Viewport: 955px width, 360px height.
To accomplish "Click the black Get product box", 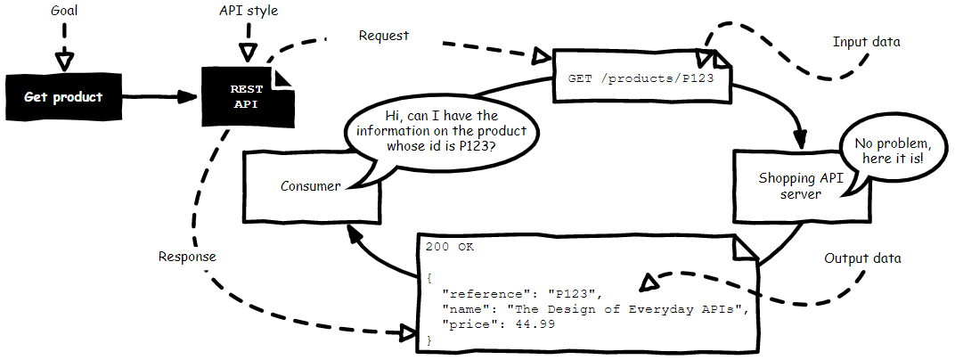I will tap(63, 97).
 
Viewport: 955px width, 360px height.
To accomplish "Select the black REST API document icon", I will tap(246, 96).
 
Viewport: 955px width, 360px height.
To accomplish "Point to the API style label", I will tap(249, 11).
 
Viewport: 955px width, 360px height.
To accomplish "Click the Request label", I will tap(384, 36).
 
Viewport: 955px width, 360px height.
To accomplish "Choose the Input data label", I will tap(866, 42).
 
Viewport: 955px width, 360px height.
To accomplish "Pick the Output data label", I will tap(862, 258).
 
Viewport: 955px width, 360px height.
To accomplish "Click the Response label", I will tap(187, 257).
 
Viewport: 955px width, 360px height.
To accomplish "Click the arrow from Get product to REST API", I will tap(160, 96).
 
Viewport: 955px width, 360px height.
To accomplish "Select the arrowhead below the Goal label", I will tap(63, 61).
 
